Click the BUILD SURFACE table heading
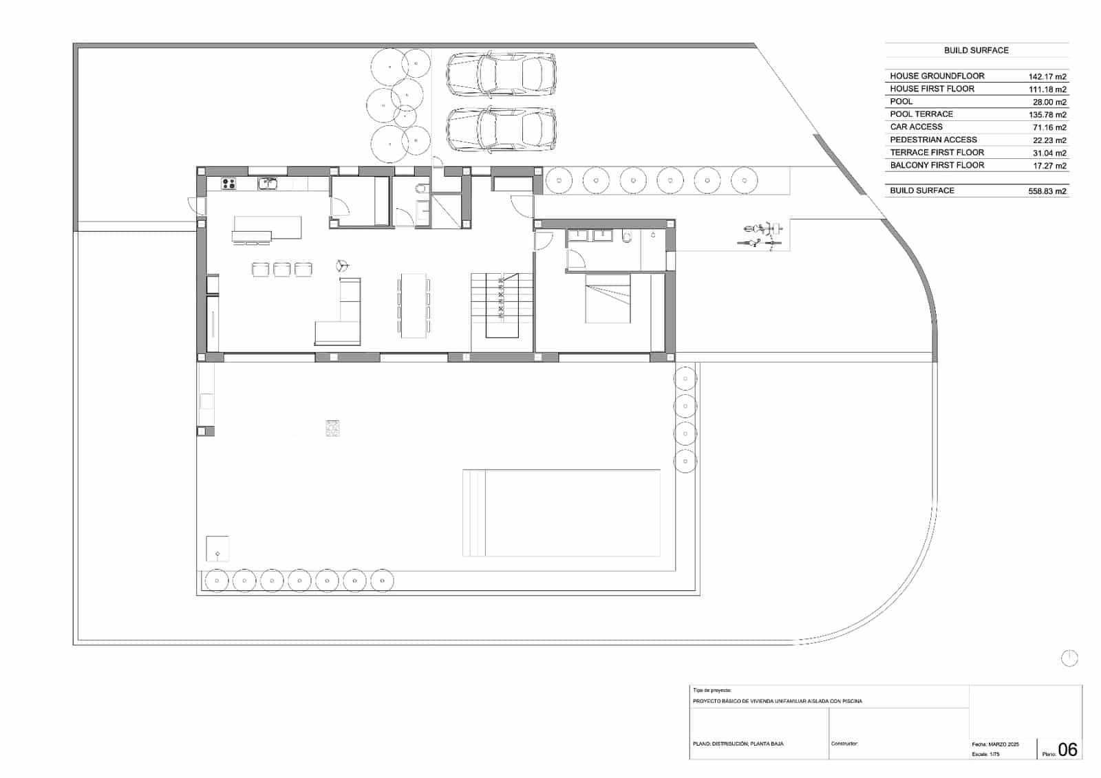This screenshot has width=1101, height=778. [976, 50]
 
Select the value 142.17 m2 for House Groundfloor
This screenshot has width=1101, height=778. [1047, 76]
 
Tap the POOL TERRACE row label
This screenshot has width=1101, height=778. [921, 114]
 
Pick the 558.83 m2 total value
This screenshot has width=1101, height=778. [1047, 191]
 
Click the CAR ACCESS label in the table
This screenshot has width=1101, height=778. [916, 127]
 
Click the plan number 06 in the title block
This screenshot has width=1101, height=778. [1067, 749]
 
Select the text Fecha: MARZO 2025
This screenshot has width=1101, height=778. [995, 744]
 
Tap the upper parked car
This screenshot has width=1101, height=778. [501, 74]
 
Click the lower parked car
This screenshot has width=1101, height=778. [501, 129]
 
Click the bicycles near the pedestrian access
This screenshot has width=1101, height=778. [760, 235]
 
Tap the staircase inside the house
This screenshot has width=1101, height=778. [502, 305]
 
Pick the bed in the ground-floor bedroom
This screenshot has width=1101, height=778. [608, 299]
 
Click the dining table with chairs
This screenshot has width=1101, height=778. [414, 305]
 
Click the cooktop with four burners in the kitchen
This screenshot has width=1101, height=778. [228, 184]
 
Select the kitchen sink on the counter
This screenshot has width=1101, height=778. [268, 184]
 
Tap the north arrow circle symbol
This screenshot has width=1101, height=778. [1069, 658]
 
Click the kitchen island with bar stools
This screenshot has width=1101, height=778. [268, 228]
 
